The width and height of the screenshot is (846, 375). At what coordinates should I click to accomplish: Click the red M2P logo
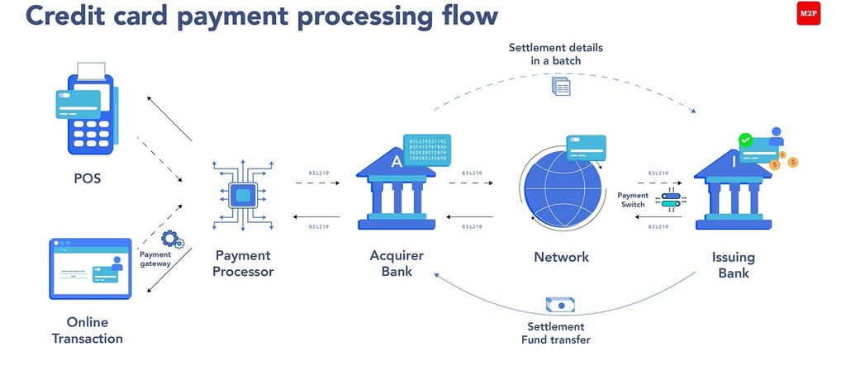coord(808,14)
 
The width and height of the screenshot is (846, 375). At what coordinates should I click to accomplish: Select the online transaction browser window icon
coord(90,268)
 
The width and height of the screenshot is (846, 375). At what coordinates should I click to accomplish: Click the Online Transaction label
coord(88,330)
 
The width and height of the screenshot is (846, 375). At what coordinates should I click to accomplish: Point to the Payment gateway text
coord(155,259)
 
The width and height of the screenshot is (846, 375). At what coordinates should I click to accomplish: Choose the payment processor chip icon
coord(243,196)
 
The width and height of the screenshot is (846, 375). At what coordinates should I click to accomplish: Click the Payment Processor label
coord(244,263)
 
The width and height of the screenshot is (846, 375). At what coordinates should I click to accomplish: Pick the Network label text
coord(562,257)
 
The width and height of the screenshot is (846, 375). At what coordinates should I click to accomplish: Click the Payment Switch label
coord(633,200)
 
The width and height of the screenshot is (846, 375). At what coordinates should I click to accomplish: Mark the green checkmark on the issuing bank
coord(746,140)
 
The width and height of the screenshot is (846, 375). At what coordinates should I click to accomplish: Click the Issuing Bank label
coord(733,263)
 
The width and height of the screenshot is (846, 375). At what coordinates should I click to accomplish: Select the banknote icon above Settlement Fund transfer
coord(559,305)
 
